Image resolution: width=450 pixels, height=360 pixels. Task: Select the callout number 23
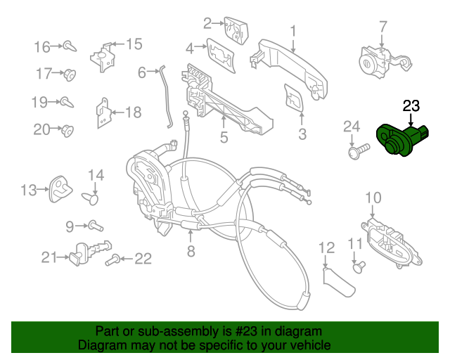tap(411, 106)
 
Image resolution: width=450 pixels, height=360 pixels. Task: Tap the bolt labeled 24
tap(359, 149)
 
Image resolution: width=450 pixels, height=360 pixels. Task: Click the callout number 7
tap(383, 27)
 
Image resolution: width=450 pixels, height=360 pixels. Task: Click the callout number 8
tap(190, 251)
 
